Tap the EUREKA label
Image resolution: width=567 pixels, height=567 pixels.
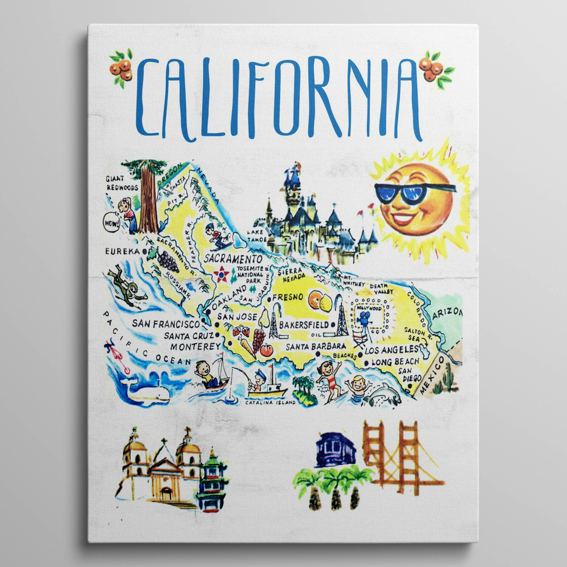coord(123,251)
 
